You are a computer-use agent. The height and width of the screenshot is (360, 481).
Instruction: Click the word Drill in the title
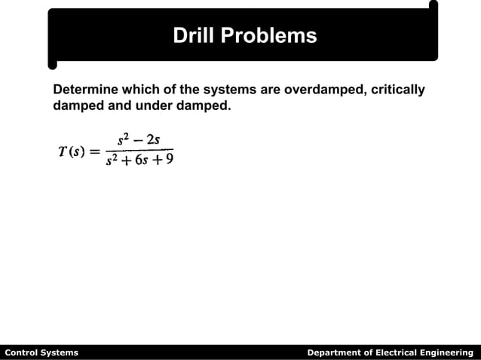(192, 35)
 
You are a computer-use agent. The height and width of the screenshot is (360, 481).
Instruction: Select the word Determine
(85, 90)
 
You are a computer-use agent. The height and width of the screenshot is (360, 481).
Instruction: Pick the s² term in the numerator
(124, 139)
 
